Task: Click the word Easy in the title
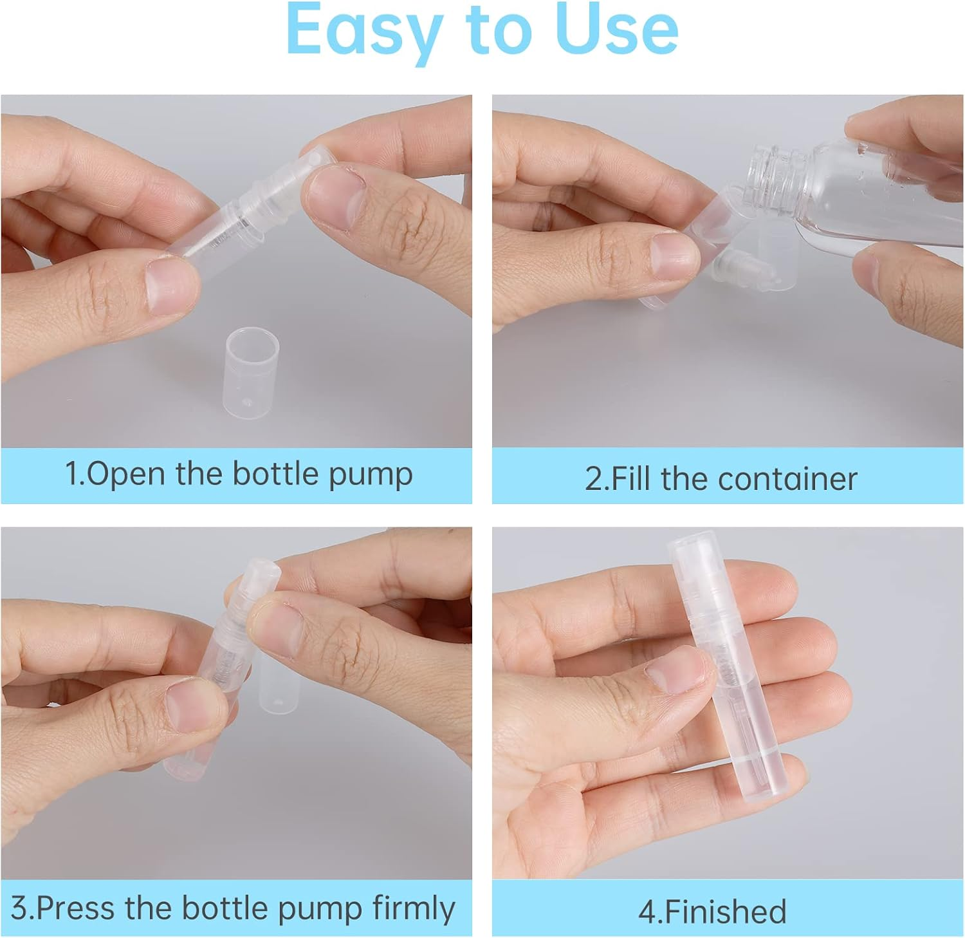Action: (360, 31)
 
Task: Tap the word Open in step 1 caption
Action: (125, 474)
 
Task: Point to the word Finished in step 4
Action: (724, 912)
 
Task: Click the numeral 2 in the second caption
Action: (593, 480)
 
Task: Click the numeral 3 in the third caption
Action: (19, 908)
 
